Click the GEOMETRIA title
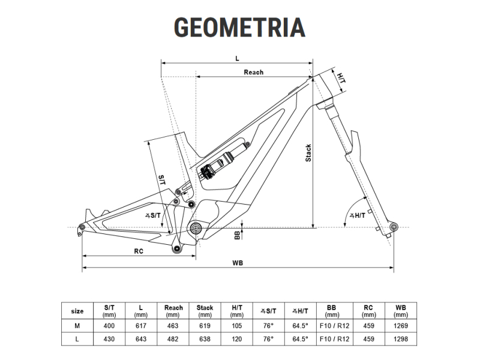[239, 27]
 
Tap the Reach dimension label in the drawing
[253, 72]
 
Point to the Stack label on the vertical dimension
[308, 153]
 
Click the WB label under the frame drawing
[238, 263]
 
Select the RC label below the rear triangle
[139, 251]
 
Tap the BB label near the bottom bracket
[237, 235]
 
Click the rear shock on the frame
[224, 160]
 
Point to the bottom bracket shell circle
[196, 228]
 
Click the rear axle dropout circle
[82, 227]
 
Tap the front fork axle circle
[394, 227]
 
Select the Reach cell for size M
[173, 326]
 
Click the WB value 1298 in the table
[401, 339]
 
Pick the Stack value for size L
[205, 339]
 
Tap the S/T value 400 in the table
[109, 326]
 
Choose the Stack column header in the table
[205, 311]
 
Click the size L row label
[77, 339]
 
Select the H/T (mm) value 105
[237, 326]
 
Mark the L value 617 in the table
[141, 326]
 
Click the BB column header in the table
[332, 311]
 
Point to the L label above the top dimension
[237, 58]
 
